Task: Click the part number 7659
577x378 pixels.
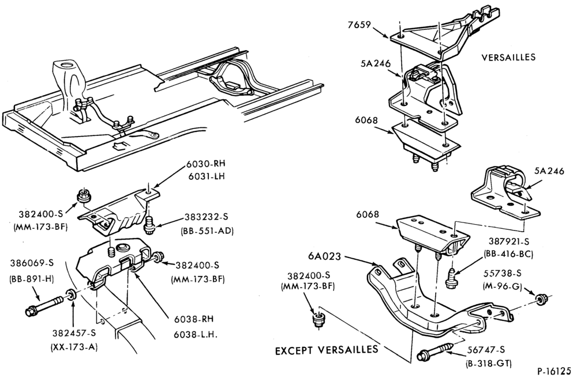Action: [x=359, y=25]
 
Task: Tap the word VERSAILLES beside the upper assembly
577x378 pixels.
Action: [x=508, y=57]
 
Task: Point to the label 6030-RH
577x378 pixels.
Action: [x=205, y=165]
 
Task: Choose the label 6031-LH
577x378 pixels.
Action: [x=205, y=176]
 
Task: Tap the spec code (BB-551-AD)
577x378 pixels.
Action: [x=207, y=230]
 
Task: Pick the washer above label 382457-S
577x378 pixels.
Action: [x=70, y=294]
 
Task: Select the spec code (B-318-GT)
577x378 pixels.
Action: [x=488, y=364]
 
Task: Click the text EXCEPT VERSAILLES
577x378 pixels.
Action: [x=327, y=349]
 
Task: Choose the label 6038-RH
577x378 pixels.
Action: [x=194, y=319]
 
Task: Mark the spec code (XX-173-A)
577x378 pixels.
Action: [x=74, y=346]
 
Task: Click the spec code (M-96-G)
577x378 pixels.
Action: [x=502, y=285]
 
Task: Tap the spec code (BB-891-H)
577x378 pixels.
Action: [x=32, y=279]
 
